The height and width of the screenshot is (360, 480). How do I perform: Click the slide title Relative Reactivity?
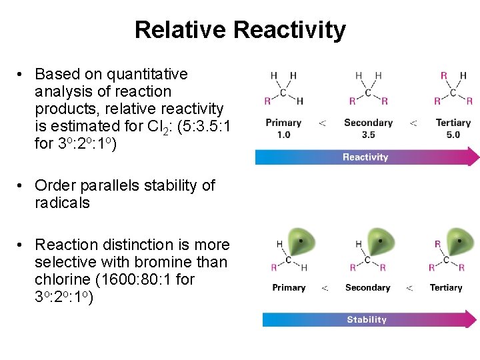240,30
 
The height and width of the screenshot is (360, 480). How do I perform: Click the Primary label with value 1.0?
283,123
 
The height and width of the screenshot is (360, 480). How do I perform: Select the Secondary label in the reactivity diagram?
368,123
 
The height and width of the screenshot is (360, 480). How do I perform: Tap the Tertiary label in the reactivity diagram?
453,123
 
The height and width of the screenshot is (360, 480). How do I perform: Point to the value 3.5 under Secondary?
368,135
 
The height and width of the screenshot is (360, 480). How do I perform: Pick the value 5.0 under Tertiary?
453,135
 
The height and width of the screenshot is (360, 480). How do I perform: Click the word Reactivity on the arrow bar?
365,157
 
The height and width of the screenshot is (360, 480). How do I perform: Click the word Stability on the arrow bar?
367,320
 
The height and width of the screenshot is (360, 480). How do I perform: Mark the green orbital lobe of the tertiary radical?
459,241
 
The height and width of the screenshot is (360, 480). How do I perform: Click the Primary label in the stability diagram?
289,288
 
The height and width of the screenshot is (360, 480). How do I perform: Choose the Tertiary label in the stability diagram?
446,288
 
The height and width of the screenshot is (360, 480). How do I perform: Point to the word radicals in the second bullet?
62,203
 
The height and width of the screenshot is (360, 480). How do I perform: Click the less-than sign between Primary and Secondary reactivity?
323,123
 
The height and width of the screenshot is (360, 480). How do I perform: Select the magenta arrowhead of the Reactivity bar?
473,157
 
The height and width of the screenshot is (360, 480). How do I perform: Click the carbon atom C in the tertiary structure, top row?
453,93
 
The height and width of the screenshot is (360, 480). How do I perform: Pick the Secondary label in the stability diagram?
367,288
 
